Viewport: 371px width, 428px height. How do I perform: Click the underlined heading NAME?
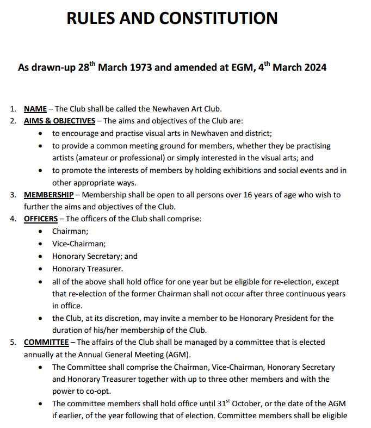coord(35,109)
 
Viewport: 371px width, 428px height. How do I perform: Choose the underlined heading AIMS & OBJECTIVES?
coord(59,121)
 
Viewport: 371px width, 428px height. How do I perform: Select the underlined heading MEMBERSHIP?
coord(49,195)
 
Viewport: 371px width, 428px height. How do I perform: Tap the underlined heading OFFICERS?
coord(41,219)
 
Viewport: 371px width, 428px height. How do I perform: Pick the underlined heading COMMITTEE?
coord(46,342)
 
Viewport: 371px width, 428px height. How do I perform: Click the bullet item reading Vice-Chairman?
coord(79,244)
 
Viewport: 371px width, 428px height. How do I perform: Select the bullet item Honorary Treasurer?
coord(88,269)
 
